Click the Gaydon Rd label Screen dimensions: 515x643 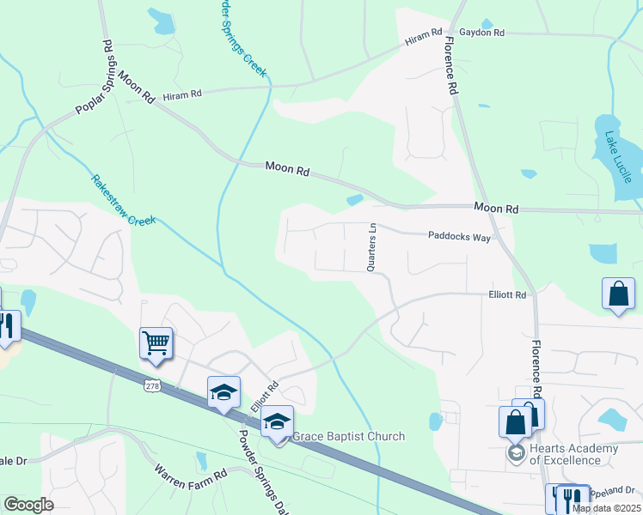481,33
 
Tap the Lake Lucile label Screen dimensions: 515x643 617,157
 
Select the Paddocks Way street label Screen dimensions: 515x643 459,236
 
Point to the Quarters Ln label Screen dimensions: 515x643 372,248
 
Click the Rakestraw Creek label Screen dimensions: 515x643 123,201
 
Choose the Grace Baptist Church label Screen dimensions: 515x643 348,436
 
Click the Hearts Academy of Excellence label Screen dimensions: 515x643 573,454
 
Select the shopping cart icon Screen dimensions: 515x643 156,343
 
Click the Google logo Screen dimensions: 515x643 28,505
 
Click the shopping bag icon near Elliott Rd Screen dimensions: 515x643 618,294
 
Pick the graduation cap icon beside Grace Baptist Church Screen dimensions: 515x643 278,422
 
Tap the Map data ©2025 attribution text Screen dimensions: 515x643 606,508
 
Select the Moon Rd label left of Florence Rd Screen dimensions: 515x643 286,169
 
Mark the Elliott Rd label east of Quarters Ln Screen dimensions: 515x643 507,294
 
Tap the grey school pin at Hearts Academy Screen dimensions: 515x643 516,452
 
